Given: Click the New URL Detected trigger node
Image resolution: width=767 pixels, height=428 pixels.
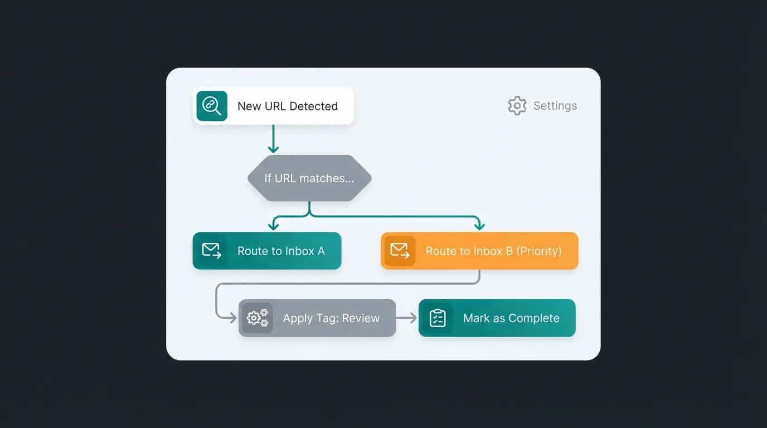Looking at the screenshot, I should (273, 106).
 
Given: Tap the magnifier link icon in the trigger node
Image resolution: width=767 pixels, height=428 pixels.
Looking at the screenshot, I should (212, 106).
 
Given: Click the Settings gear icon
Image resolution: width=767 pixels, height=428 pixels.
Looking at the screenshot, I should (517, 106).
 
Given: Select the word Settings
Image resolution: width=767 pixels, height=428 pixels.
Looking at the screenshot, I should (555, 106).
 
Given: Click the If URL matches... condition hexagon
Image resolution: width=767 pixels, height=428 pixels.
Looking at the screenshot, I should (309, 178).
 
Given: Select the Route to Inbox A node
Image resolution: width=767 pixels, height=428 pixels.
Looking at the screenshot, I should (266, 251).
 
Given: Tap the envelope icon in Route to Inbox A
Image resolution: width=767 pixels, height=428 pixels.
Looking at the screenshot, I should (211, 251).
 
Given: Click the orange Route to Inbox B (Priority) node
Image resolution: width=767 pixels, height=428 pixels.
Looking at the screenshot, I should (479, 251).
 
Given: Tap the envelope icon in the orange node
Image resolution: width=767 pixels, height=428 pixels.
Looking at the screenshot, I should (400, 251).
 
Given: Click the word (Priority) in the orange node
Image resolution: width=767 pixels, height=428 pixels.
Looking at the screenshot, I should (538, 251).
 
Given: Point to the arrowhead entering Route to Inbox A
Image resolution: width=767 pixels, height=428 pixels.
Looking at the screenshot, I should (273, 226).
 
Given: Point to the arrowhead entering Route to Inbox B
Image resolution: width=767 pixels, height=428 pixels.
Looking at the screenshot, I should (479, 226).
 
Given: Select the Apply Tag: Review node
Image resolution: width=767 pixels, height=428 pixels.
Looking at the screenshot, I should (317, 318).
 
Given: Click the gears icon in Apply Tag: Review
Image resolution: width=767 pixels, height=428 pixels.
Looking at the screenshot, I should (257, 318).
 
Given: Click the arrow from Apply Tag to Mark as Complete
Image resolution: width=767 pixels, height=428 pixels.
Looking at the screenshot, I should (406, 318).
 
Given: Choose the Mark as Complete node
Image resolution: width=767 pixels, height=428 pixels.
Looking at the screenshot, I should (497, 318).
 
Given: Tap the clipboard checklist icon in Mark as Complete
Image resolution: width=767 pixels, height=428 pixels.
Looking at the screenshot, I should (438, 318).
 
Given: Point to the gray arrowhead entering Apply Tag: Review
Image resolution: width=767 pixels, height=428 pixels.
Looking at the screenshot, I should (234, 318).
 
